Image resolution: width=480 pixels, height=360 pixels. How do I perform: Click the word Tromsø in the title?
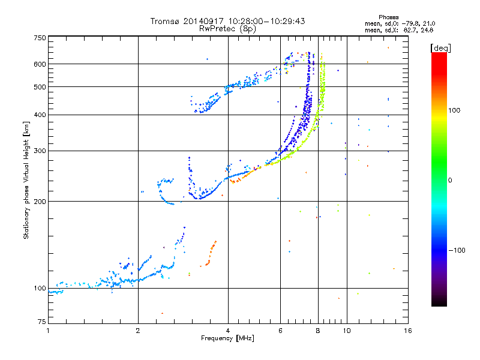pos(164,21)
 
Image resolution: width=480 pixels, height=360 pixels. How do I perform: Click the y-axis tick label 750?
pos(40,38)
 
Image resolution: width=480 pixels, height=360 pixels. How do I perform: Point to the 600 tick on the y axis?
pos(40,64)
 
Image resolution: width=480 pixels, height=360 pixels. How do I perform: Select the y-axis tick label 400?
pos(40,115)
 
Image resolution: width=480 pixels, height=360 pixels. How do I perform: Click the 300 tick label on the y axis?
pos(40,151)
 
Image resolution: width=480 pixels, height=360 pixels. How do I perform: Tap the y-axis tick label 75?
pos(41,323)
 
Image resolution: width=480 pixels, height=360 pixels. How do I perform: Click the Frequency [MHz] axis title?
pos(227,338)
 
